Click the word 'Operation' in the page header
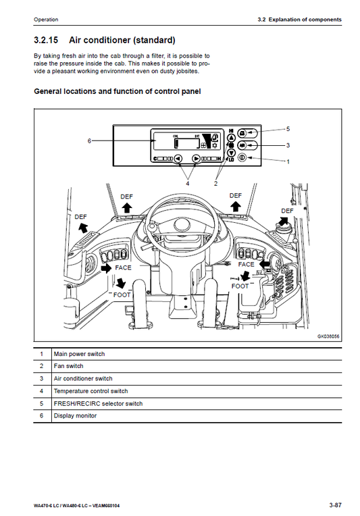point(46,19)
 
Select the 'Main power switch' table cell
point(79,354)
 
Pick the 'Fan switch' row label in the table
point(68,366)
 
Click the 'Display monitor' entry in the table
point(75,415)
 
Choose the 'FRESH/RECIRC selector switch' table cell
point(98,403)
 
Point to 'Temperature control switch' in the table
point(91,391)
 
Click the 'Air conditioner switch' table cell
point(83,379)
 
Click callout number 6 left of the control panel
point(89,141)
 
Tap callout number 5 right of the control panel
point(288,128)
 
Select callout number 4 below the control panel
point(188,182)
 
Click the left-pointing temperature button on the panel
point(178,159)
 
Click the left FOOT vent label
point(122,295)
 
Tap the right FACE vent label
point(247,265)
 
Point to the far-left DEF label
point(80,217)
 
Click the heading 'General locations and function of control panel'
point(118,91)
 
